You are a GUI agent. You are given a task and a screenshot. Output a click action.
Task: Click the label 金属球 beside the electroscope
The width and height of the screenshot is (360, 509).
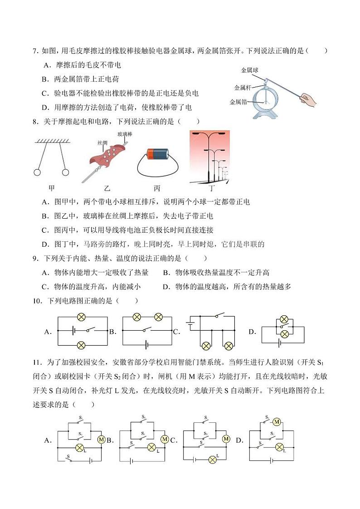(x=249, y=70)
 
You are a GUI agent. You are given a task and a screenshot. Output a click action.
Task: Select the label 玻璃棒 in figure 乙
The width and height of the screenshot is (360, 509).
(x=125, y=134)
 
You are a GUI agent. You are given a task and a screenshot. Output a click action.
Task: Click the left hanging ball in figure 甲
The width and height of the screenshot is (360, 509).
(x=37, y=173)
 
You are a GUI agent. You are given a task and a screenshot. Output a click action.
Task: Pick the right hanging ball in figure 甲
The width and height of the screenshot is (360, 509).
(x=66, y=173)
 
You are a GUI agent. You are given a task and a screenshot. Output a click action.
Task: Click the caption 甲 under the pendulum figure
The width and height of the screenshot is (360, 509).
(x=51, y=188)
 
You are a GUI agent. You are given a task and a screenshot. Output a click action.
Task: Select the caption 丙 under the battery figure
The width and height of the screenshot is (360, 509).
(x=157, y=188)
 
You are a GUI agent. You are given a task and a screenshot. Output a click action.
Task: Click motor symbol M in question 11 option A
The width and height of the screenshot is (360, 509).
(x=102, y=440)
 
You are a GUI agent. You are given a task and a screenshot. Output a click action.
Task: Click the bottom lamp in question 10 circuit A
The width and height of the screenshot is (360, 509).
(x=81, y=345)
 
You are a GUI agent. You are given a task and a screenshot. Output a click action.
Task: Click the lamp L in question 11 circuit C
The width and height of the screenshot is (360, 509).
(x=213, y=460)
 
